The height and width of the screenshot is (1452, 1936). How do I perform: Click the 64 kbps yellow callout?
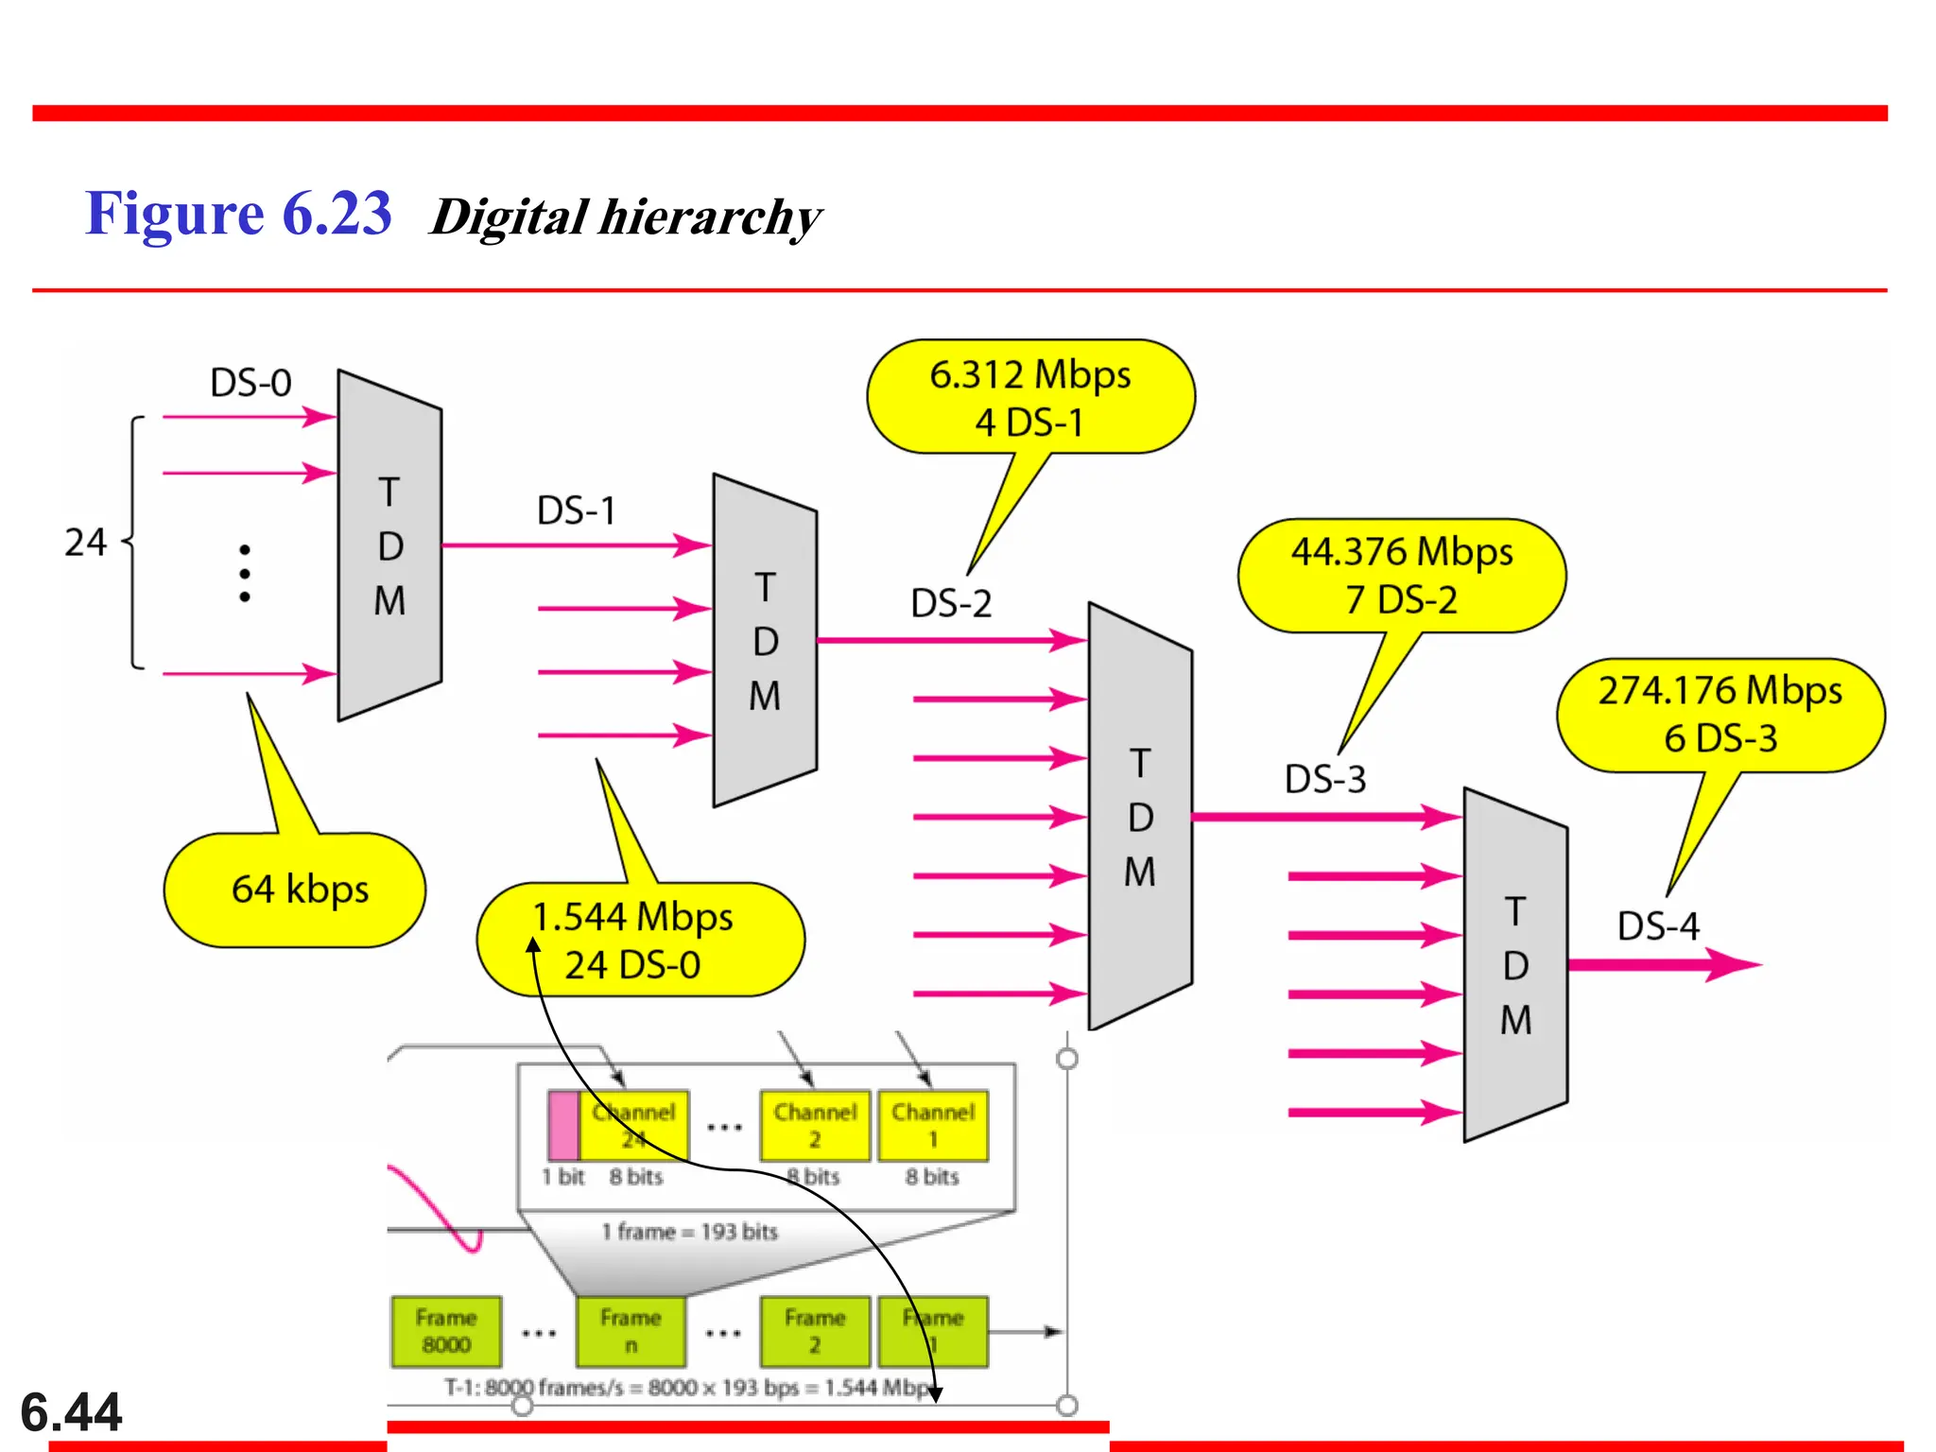295,890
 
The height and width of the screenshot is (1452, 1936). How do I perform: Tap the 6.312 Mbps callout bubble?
1030,397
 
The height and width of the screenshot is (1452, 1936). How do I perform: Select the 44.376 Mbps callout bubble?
1402,575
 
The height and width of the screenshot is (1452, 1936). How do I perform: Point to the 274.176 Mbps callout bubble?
1720,715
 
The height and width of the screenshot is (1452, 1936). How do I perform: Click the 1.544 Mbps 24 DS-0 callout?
640,940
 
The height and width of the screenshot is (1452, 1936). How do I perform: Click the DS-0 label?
251,383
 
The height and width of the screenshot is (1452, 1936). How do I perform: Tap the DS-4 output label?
1658,925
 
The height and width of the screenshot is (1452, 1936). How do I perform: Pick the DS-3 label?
1324,779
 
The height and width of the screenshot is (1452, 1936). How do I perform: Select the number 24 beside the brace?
85,543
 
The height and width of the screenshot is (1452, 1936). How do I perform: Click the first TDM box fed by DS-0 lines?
389,545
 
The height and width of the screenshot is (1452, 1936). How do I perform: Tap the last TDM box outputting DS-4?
1515,965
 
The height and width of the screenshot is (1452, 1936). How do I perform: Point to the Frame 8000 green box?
446,1331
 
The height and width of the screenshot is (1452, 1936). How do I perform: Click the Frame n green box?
631,1331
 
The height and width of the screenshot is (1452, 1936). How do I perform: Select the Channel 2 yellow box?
815,1125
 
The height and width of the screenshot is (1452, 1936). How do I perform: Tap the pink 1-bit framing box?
563,1125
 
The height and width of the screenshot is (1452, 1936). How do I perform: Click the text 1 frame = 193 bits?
690,1232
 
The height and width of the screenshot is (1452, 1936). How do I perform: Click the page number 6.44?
71,1412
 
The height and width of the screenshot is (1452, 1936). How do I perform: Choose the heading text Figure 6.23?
238,213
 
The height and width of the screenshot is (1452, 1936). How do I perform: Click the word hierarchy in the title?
710,217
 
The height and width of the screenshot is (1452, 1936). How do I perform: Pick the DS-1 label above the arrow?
576,510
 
